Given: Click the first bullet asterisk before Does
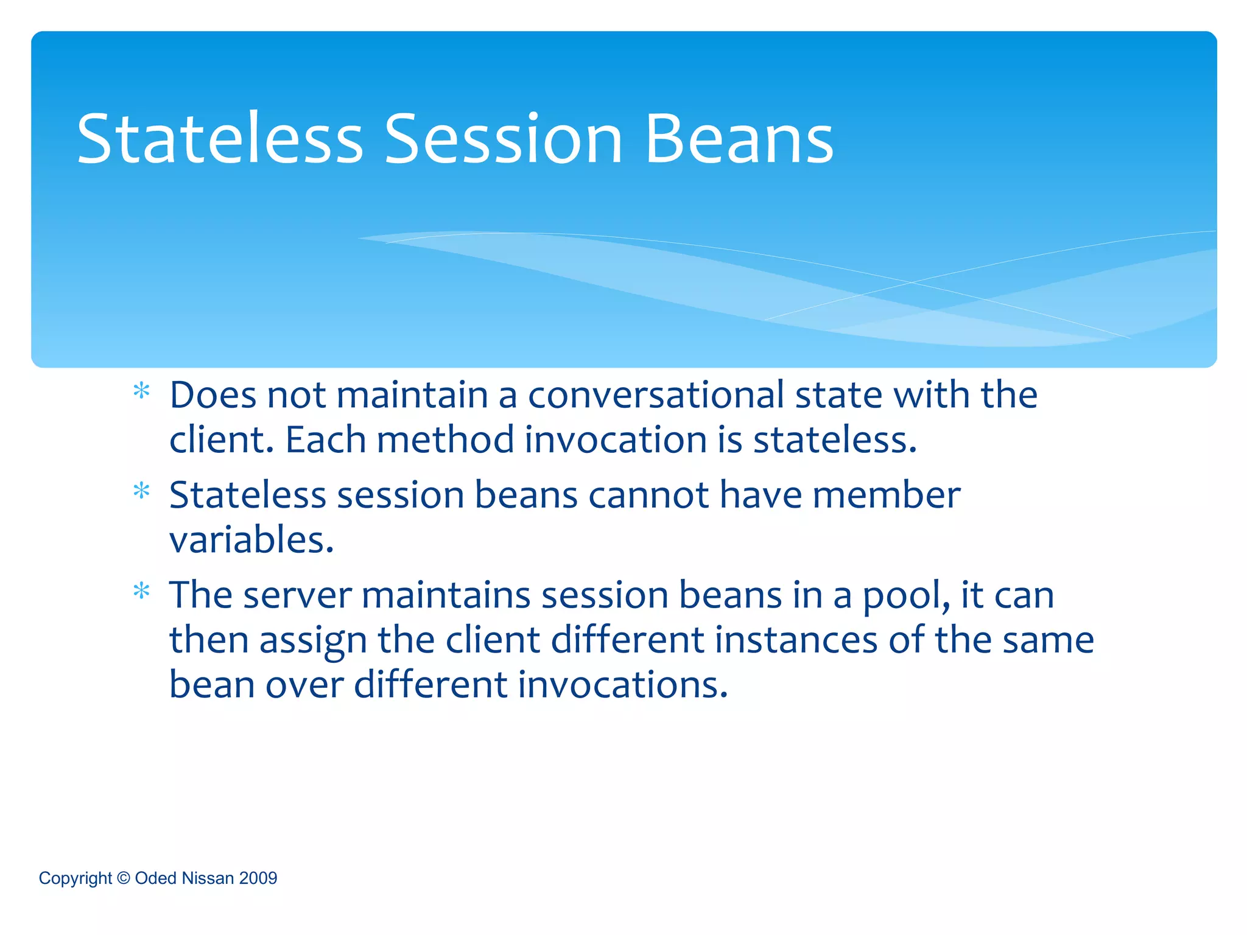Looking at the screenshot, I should coord(141,391).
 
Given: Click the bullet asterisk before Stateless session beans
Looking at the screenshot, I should coord(141,491).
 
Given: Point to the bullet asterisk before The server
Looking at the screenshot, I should coord(141,591).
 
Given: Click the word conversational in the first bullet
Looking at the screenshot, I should coord(656,396).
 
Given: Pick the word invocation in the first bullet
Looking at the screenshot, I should coord(615,440).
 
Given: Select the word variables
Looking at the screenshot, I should coord(251,541).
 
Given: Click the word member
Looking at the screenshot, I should coord(887,495).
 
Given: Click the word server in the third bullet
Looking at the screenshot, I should coord(297,595).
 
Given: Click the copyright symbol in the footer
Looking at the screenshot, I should coord(124,878).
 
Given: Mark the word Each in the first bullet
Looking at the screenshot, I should coord(325,440).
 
